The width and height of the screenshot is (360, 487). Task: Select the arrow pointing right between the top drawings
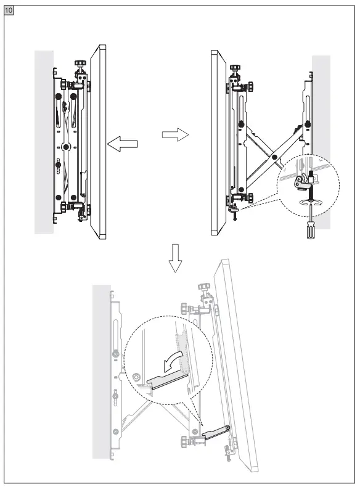click(174, 135)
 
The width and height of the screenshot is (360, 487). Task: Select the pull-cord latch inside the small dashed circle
click(300, 182)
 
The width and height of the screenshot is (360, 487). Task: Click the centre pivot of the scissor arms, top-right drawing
click(266, 157)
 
